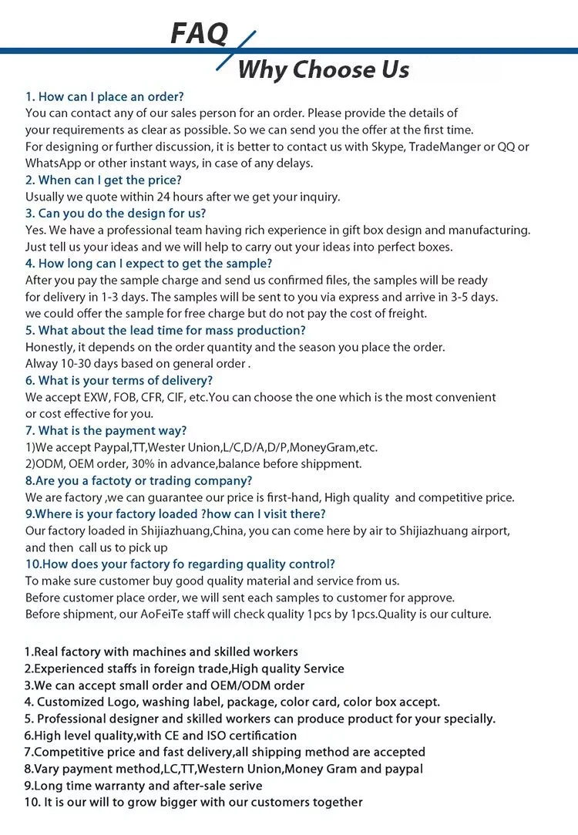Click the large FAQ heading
coord(199,33)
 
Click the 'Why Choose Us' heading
coord(324,70)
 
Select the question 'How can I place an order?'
coord(105,96)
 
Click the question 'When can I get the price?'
coord(103,180)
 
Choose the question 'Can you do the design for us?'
coord(116,214)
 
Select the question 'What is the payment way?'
coord(106,430)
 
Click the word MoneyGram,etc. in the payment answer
coord(339,447)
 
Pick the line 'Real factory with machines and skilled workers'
coord(161,652)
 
